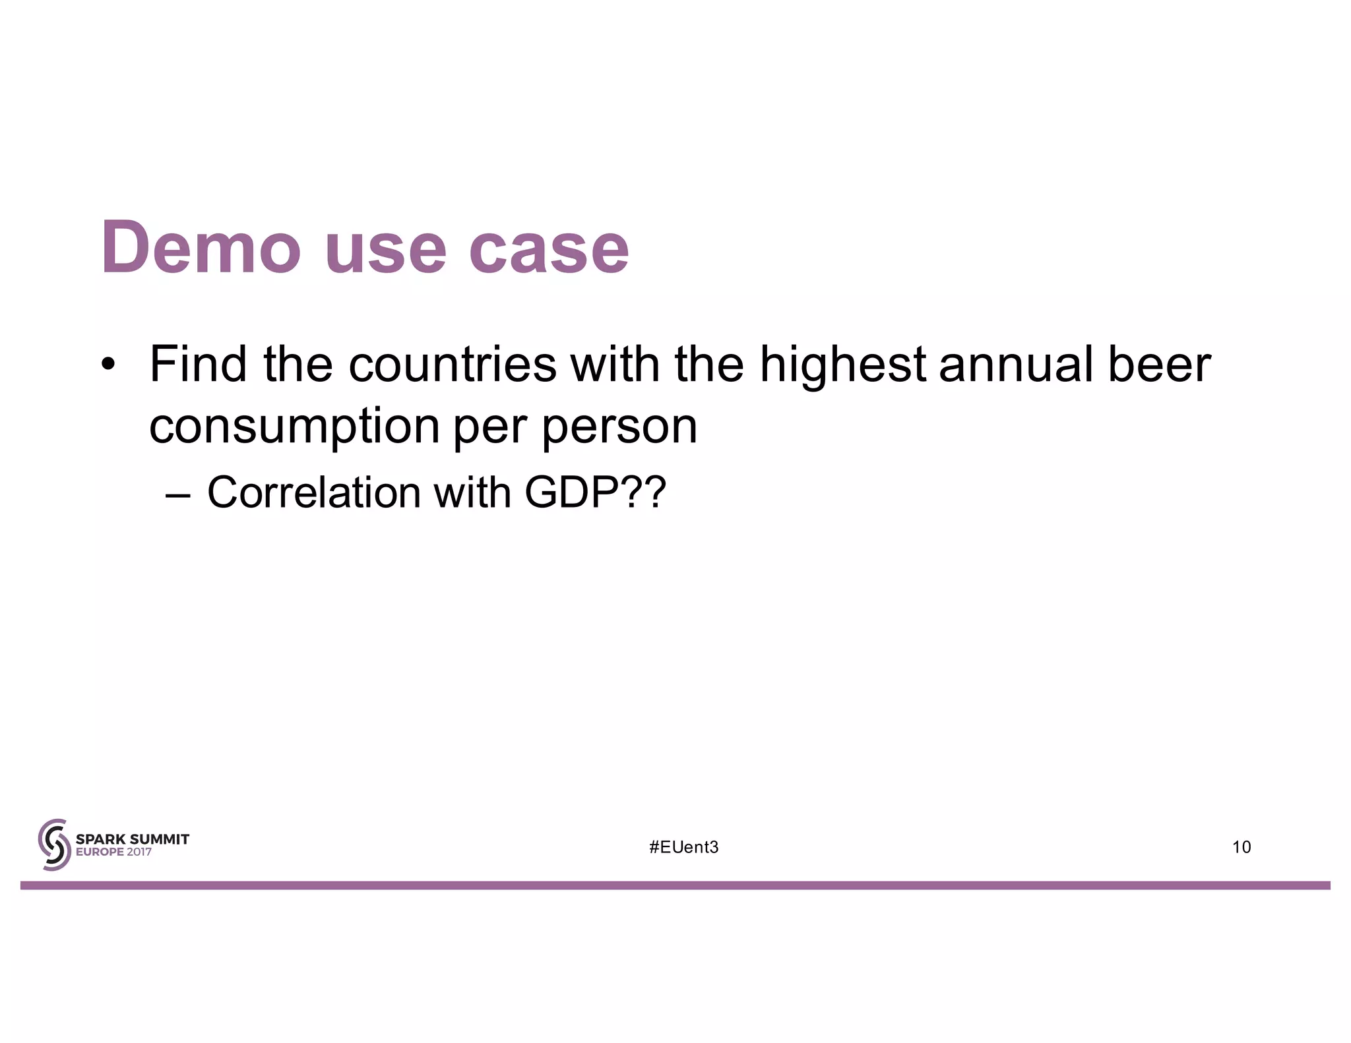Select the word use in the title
[x=385, y=251]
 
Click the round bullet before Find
[x=108, y=365]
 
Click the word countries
[x=452, y=365]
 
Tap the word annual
[x=1015, y=365]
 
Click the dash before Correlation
[x=177, y=494]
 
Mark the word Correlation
[x=313, y=492]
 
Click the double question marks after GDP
[x=643, y=492]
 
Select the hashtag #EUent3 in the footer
[x=683, y=847]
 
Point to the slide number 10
[x=1241, y=847]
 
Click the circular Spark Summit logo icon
[x=54, y=845]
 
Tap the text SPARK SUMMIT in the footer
[x=133, y=839]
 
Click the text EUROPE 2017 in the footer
[x=113, y=852]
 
